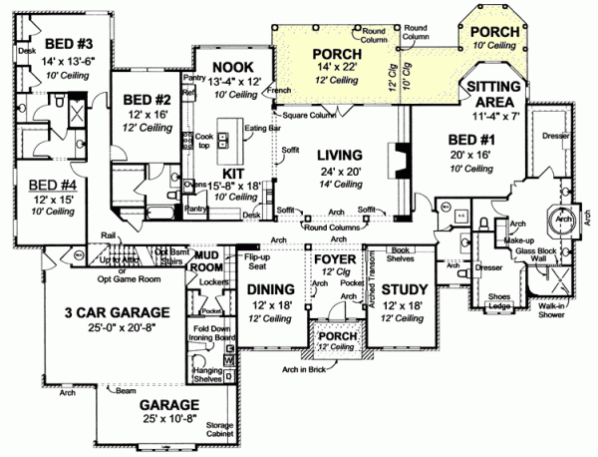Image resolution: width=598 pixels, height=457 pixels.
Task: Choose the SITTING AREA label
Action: [x=492, y=95]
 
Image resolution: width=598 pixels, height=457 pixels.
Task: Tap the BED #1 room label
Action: [x=469, y=139]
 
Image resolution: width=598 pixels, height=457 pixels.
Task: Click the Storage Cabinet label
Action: [x=219, y=431]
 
